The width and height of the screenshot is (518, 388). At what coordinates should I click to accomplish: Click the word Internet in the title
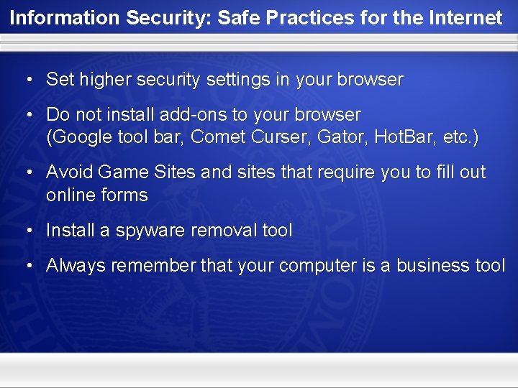[467, 18]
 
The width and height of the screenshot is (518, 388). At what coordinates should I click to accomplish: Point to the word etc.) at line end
[461, 137]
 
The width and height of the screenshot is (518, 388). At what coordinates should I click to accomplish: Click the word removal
[223, 231]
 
